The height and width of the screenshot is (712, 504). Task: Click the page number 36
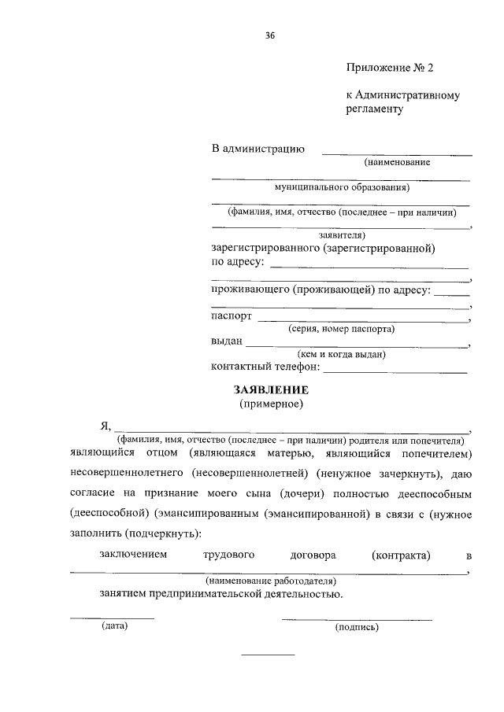tap(271, 36)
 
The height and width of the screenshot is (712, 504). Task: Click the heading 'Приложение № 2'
tap(390, 68)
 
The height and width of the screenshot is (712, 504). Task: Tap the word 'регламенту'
tap(374, 109)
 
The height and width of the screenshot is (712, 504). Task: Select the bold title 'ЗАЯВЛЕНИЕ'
tap(270, 390)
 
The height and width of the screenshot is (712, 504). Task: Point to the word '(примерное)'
tap(271, 404)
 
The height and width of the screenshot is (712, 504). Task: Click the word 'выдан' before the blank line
tap(227, 342)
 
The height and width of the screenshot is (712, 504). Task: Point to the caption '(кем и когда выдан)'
tap(341, 354)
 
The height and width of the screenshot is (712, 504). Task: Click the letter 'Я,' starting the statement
tap(106, 426)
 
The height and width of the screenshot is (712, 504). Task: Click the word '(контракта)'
tap(401, 555)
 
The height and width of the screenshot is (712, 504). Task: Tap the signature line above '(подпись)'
tap(357, 619)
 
